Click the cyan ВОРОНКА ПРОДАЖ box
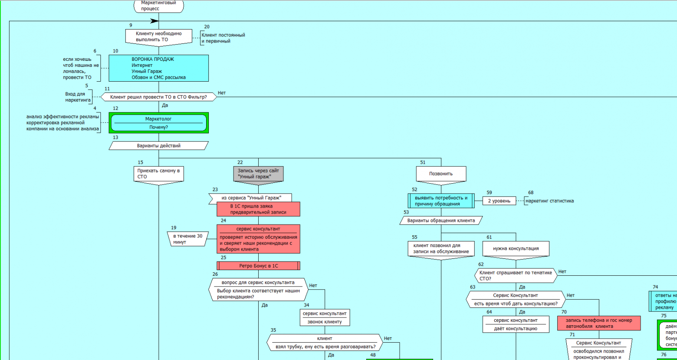[158, 68]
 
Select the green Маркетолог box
[158, 123]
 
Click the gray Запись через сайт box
[258, 174]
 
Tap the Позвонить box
[441, 174]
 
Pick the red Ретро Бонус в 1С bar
[258, 266]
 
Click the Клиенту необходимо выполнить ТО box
[158, 36]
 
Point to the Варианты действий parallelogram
[158, 146]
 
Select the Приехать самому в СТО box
[158, 174]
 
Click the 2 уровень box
[499, 201]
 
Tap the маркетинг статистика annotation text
[550, 201]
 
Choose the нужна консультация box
[516, 249]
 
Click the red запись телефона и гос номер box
[599, 323]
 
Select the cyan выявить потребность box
[441, 201]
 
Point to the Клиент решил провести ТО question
[158, 97]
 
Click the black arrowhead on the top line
[154, 21]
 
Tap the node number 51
[423, 162]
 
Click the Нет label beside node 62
[562, 272]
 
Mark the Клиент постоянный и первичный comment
[223, 38]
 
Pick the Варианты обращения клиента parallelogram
[441, 221]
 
